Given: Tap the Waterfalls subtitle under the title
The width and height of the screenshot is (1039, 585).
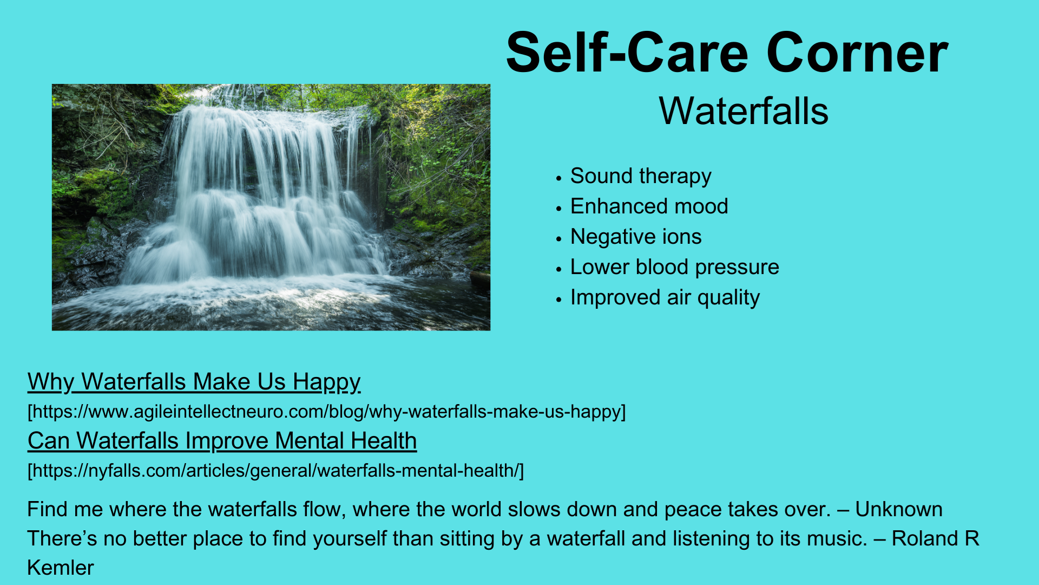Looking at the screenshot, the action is [744, 111].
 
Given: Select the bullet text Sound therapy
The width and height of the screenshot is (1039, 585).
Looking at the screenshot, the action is [641, 177].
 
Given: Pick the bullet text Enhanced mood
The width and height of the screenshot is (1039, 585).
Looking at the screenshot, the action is [649, 206].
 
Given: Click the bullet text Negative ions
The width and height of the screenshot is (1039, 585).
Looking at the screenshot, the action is [636, 237].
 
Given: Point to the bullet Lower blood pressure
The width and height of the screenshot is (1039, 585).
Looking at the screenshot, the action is [675, 267].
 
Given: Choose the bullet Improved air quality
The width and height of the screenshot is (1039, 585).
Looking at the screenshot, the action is [665, 297].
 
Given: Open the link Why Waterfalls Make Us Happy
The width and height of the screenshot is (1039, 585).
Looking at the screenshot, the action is [194, 382].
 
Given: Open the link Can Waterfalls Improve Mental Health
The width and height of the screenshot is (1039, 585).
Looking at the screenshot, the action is [222, 440].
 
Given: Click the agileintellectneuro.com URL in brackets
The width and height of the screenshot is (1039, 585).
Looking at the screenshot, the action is [327, 412].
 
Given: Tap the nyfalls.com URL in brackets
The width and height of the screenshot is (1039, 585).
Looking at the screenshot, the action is [276, 470].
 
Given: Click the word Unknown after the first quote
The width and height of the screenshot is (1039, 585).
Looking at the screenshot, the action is [898, 510].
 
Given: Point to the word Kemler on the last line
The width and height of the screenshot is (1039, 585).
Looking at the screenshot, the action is [60, 568].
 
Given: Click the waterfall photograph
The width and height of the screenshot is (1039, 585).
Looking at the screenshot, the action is [271, 207].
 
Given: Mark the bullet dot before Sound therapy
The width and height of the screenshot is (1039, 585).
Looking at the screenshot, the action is [559, 178].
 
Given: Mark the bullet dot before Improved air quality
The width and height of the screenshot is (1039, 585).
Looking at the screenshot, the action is [559, 299].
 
